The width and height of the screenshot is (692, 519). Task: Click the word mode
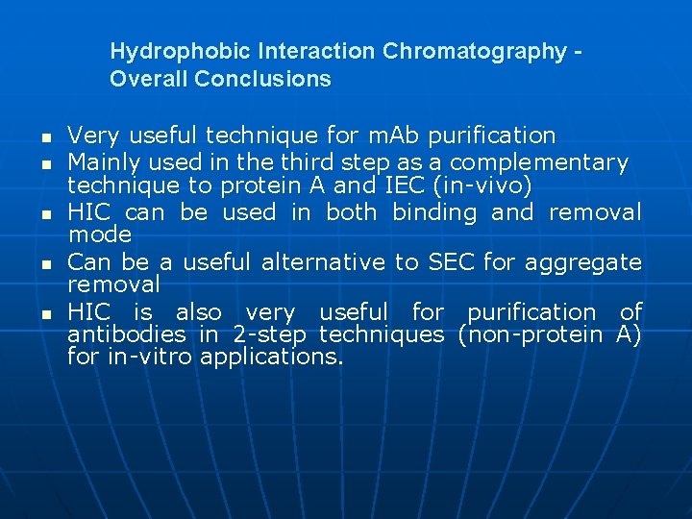click(100, 235)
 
